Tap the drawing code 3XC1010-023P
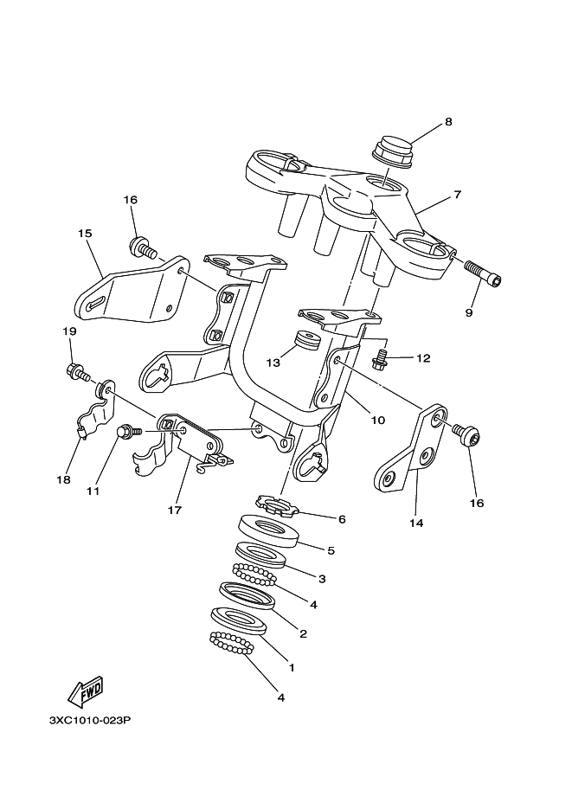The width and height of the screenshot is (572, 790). coord(90,721)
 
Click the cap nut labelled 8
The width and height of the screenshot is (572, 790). coord(394,151)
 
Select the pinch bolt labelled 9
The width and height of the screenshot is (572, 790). coord(483,272)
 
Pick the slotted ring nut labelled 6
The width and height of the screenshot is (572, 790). coord(277,505)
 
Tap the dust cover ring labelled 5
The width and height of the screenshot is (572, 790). coord(268,531)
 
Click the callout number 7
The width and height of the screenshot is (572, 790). coord(457,195)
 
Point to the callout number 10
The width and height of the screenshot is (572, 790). coord(377,420)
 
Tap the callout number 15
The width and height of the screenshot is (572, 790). coord(85,234)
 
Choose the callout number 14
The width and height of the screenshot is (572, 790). coord(416,523)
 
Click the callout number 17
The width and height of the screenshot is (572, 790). coord(175,511)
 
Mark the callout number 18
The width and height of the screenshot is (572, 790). coord(63,479)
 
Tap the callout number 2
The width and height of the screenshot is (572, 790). coord(303,633)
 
